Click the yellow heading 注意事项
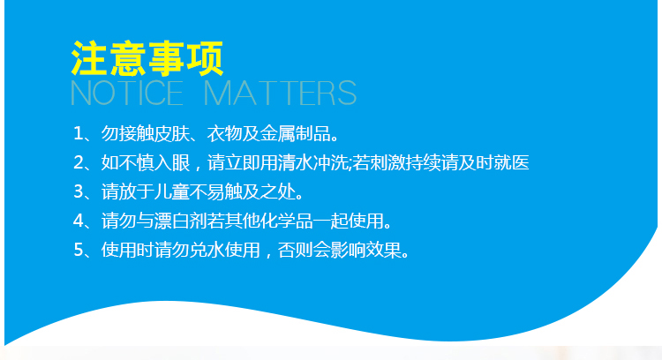click(x=147, y=58)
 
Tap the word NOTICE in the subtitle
click(x=126, y=93)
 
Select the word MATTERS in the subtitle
click(x=281, y=93)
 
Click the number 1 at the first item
click(x=78, y=134)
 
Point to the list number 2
click(x=79, y=163)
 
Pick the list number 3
click(x=79, y=191)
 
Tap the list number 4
click(x=79, y=221)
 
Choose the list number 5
click(x=79, y=250)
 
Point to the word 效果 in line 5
click(x=384, y=250)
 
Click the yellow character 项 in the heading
click(x=205, y=58)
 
